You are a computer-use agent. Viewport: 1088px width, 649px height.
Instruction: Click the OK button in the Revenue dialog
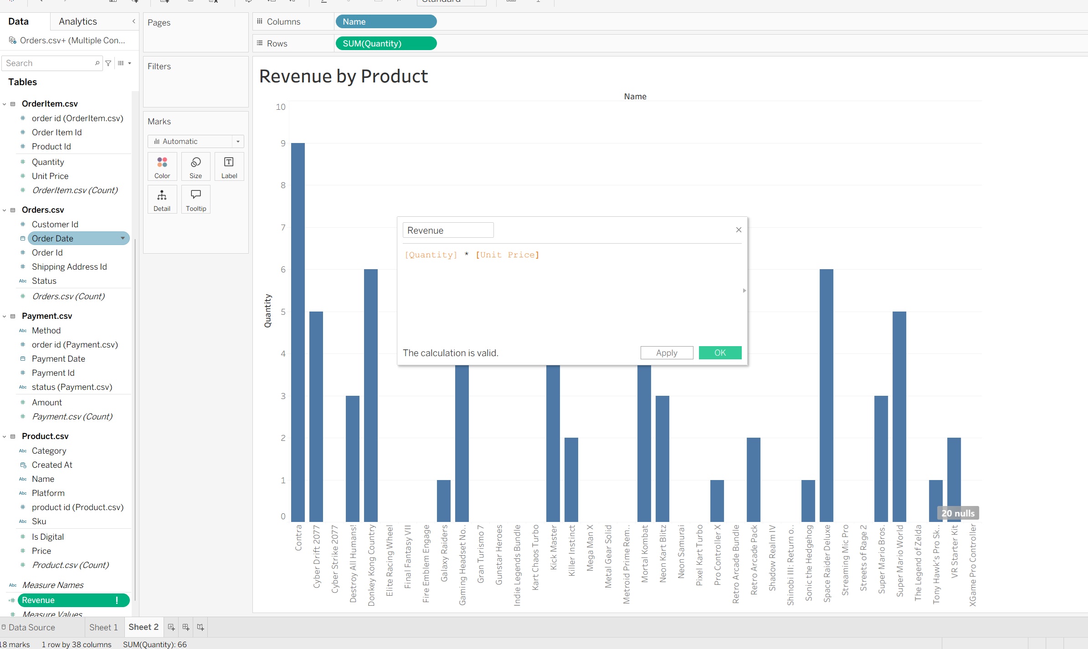click(720, 353)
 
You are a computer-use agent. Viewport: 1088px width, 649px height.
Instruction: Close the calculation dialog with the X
click(739, 230)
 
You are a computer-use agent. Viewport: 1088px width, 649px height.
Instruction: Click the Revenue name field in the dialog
click(447, 230)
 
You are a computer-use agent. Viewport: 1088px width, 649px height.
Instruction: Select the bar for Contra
click(298, 332)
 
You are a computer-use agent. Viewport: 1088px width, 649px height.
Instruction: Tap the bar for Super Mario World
click(899, 416)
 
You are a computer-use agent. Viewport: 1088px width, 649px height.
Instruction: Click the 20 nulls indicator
click(958, 513)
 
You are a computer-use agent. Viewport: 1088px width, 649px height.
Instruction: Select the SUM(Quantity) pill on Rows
click(386, 44)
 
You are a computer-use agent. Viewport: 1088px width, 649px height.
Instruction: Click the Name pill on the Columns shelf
click(386, 22)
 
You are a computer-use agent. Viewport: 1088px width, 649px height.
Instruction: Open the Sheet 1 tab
click(103, 627)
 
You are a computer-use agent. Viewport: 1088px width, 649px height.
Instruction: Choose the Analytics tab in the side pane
click(78, 21)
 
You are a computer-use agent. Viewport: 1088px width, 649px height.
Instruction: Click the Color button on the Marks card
click(162, 167)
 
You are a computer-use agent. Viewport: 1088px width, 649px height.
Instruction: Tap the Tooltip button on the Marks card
click(196, 199)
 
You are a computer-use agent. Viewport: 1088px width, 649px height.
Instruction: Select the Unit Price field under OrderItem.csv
click(50, 176)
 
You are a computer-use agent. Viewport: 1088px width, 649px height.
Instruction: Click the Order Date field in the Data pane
click(52, 239)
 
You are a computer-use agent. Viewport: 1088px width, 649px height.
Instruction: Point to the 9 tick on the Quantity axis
click(283, 143)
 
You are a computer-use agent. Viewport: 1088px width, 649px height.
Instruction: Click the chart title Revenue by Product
click(344, 77)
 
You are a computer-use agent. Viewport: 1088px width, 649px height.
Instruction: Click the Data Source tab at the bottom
click(31, 627)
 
